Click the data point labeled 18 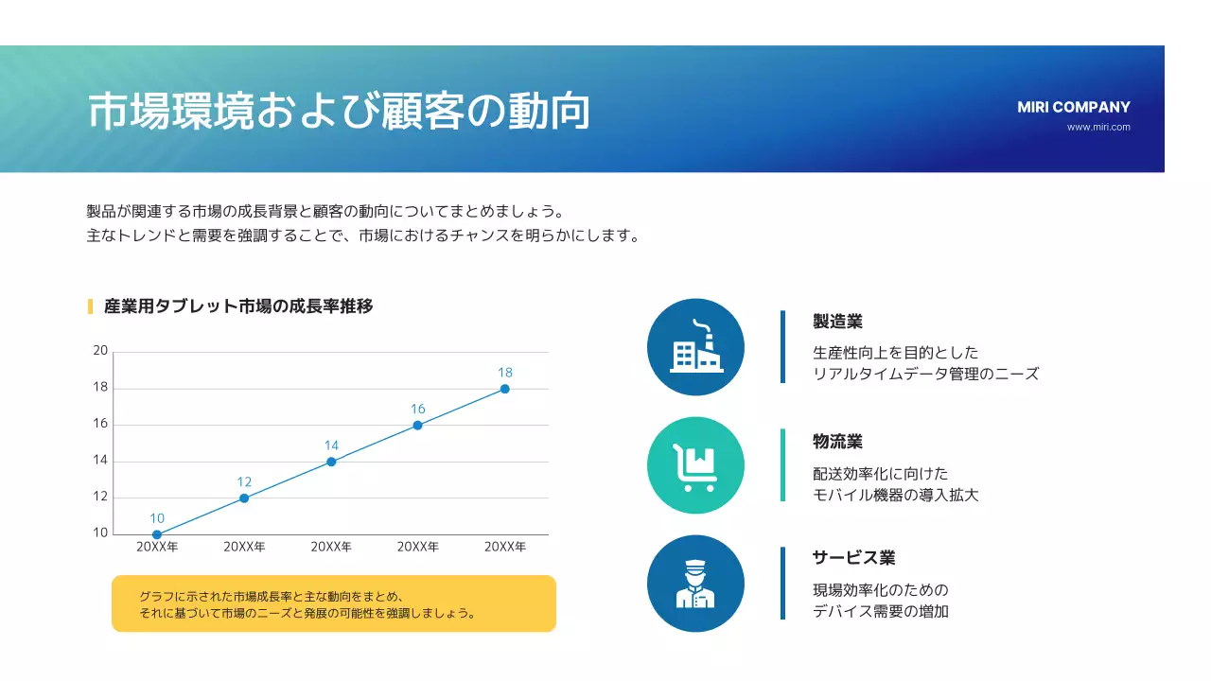[505, 389]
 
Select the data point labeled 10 [157, 534]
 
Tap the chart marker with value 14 [331, 462]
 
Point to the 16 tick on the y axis [100, 424]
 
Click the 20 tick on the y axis [100, 351]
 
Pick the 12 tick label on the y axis [100, 497]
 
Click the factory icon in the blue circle [695, 347]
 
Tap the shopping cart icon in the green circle [695, 465]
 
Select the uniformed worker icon [695, 584]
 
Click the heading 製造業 [837, 322]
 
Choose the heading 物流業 [837, 442]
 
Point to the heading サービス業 [853, 558]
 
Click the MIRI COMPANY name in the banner [1074, 107]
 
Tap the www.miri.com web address [1098, 127]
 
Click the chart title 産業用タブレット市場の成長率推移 [238, 306]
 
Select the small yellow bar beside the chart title [90, 306]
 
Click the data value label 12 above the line [244, 482]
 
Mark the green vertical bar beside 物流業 [782, 464]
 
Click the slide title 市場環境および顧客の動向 [339, 111]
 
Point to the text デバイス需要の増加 [881, 611]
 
